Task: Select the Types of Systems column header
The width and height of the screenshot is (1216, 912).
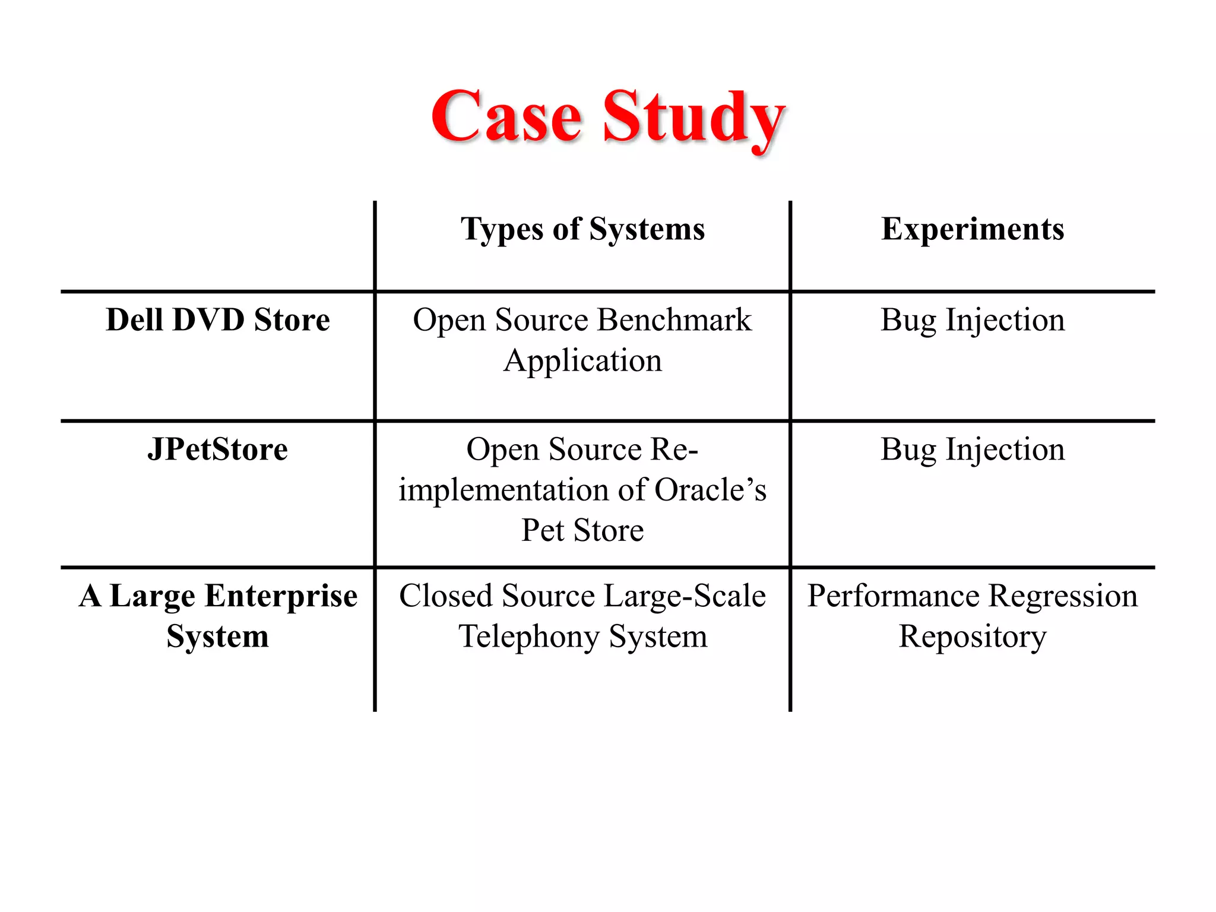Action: [582, 229]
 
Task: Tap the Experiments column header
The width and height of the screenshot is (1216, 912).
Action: [973, 229]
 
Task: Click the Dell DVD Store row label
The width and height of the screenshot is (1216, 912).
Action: [217, 320]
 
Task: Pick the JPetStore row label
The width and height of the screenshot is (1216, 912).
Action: [217, 449]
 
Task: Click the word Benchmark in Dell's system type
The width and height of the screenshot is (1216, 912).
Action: [674, 320]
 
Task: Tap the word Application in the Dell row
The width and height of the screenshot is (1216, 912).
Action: [582, 360]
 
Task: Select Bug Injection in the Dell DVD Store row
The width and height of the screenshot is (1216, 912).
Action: [973, 320]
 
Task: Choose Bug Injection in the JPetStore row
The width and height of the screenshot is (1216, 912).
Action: [973, 449]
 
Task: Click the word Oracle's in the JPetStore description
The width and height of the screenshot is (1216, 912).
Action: [710, 490]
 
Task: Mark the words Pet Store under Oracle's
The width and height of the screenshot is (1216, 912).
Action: [582, 530]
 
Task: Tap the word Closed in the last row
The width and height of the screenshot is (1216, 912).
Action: [438, 596]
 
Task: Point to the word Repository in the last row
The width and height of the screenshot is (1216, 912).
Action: [973, 636]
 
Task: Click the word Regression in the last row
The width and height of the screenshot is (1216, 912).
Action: [1063, 596]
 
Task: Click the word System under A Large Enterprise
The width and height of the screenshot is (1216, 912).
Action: [217, 636]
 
